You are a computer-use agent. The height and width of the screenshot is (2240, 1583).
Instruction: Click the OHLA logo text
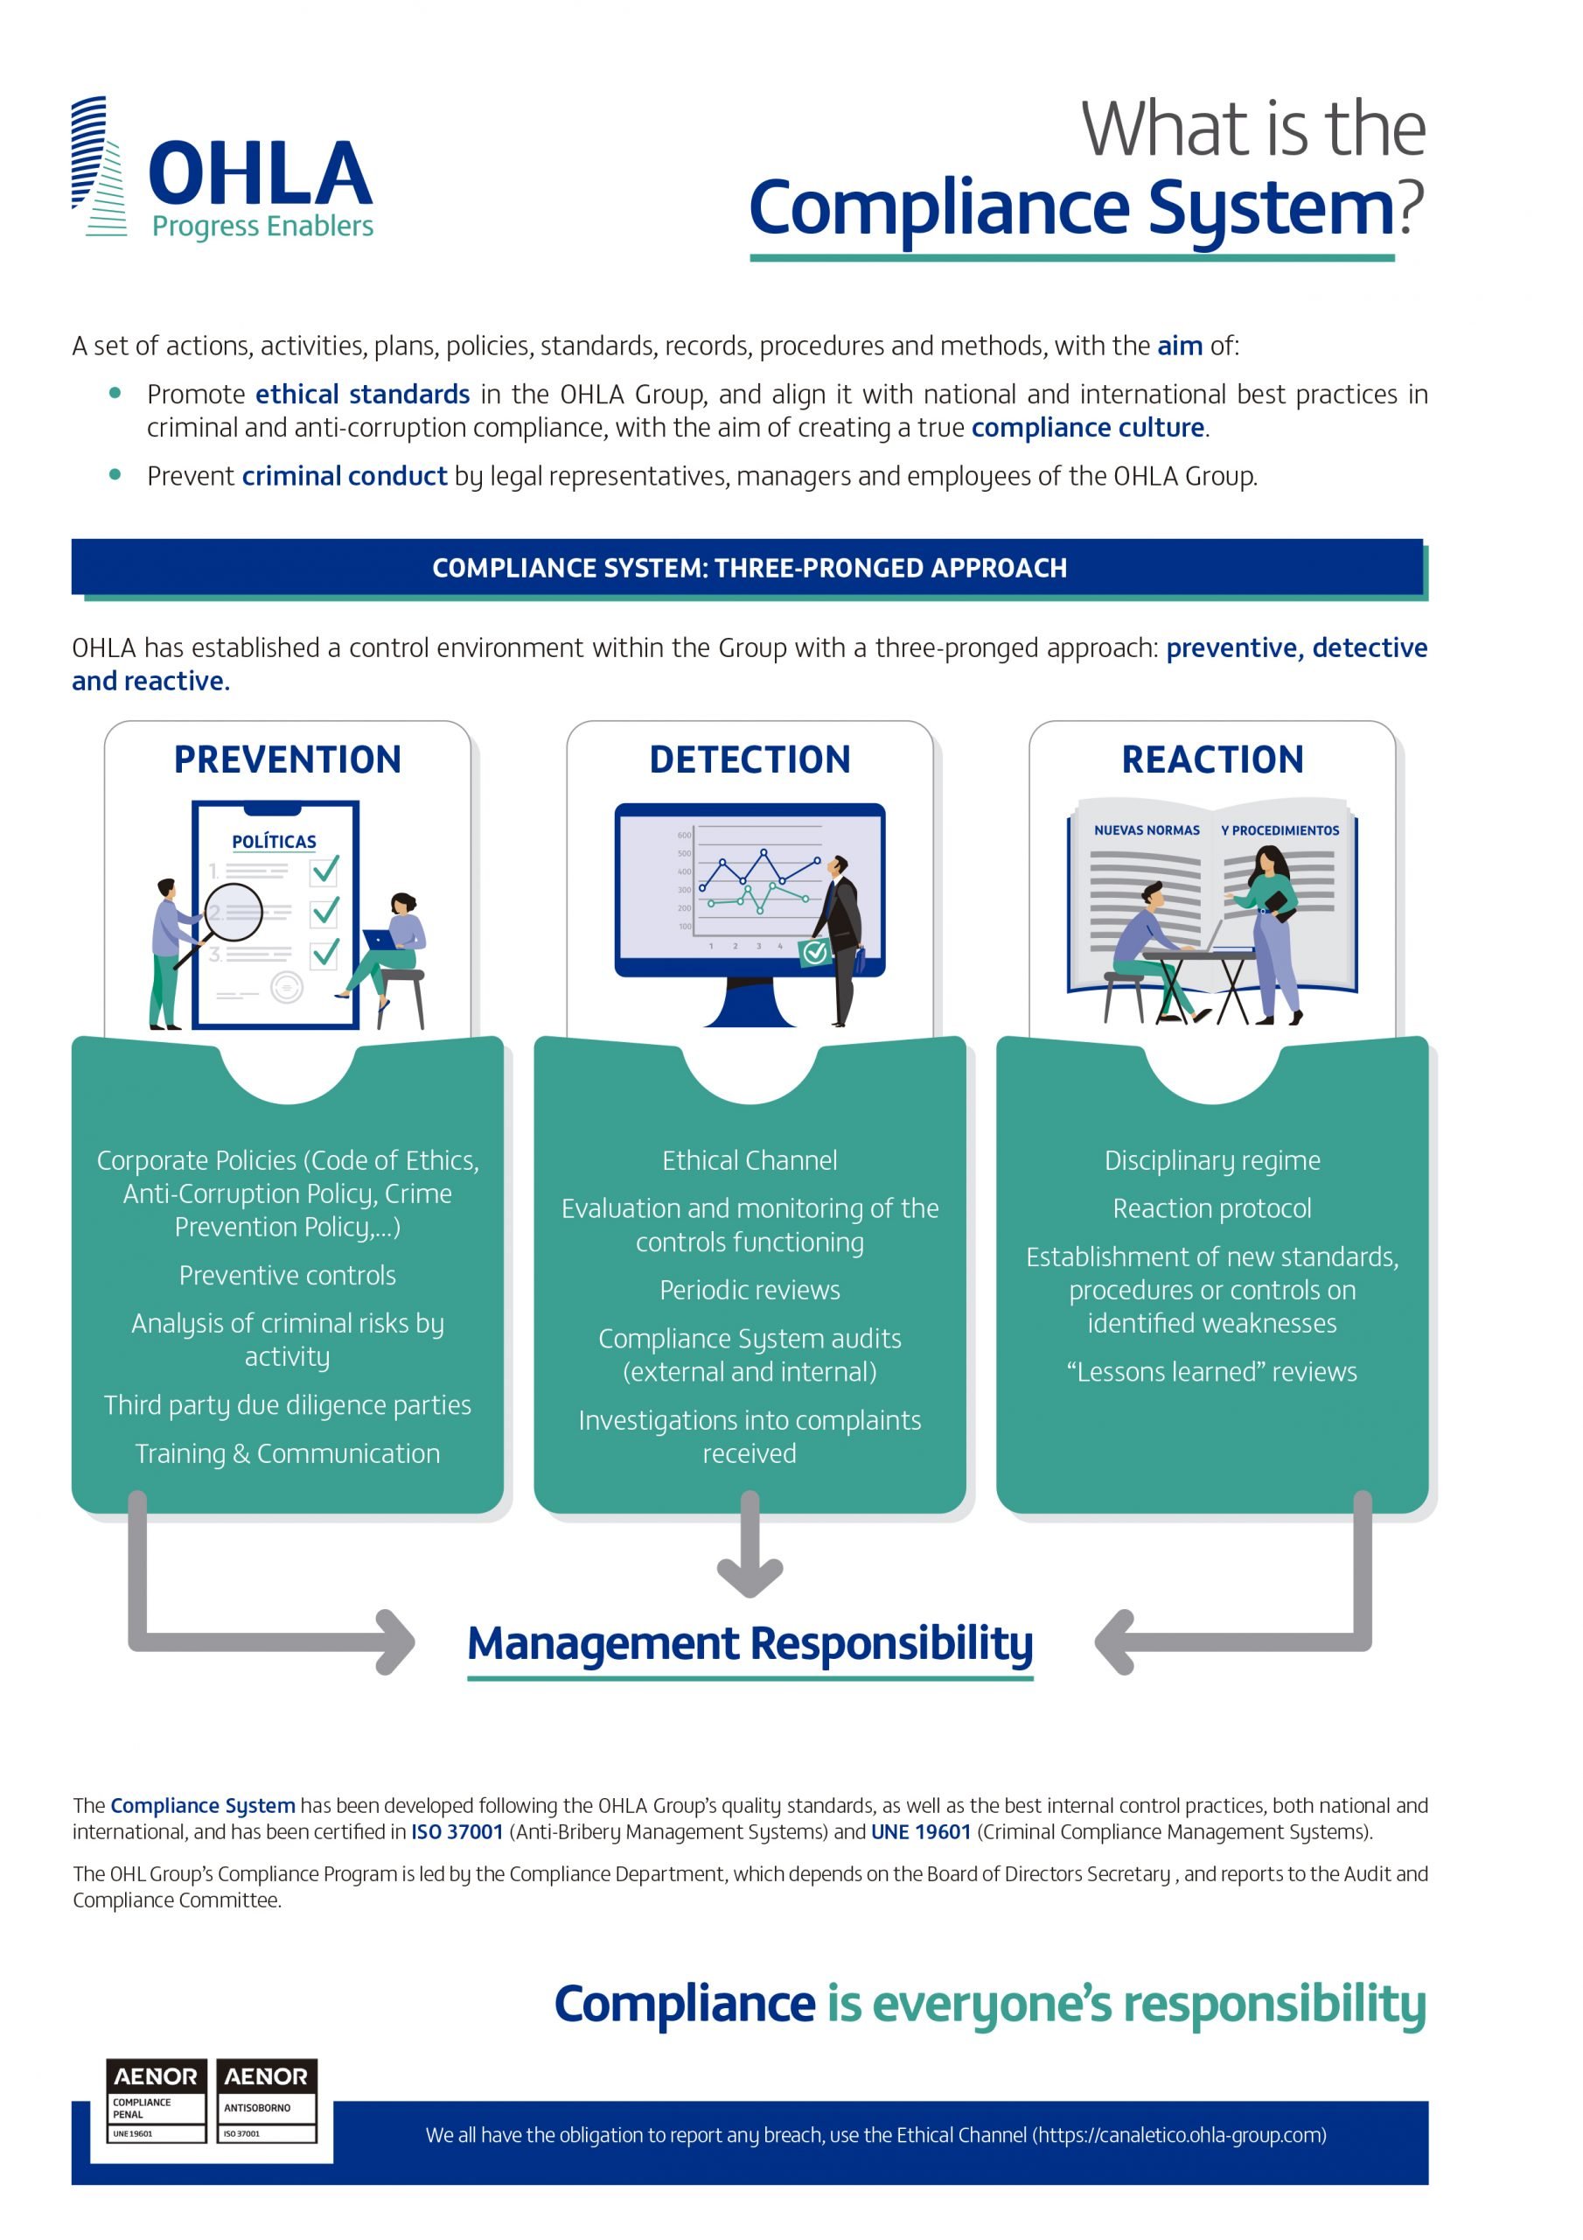pyautogui.click(x=261, y=173)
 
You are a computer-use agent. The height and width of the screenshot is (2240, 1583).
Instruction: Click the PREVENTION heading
pyautogui.click(x=288, y=759)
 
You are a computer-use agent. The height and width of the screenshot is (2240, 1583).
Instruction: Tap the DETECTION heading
pyautogui.click(x=750, y=759)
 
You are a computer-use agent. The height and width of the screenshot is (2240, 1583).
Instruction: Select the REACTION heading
pyautogui.click(x=1212, y=759)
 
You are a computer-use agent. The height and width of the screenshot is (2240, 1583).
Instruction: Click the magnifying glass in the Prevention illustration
pyautogui.click(x=231, y=913)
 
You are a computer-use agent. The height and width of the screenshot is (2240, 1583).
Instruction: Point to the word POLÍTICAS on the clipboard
pyautogui.click(x=274, y=841)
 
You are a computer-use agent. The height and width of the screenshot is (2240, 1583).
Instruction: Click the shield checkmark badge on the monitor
pyautogui.click(x=815, y=951)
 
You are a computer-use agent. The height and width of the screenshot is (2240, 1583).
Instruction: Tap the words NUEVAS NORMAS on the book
pyautogui.click(x=1147, y=830)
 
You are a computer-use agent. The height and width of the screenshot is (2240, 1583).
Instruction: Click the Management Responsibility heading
pyautogui.click(x=750, y=1643)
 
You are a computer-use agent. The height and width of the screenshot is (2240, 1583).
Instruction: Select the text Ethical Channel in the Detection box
pyautogui.click(x=750, y=1160)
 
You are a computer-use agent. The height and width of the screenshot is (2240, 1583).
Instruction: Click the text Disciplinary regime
pyautogui.click(x=1212, y=1160)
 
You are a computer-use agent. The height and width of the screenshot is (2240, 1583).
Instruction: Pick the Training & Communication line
pyautogui.click(x=288, y=1452)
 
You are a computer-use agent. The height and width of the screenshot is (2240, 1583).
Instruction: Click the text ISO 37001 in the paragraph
pyautogui.click(x=457, y=1831)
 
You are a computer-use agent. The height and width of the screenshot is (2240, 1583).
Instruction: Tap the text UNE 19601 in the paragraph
pyautogui.click(x=921, y=1831)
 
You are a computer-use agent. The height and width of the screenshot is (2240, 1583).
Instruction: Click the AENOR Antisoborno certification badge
pyautogui.click(x=266, y=2101)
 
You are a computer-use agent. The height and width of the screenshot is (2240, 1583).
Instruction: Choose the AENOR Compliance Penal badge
pyautogui.click(x=156, y=2101)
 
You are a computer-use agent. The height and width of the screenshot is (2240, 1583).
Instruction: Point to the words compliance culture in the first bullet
pyautogui.click(x=1087, y=427)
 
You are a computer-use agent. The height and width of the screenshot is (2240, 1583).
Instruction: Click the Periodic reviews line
pyautogui.click(x=750, y=1290)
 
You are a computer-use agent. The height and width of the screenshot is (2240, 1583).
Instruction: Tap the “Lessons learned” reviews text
pyautogui.click(x=1212, y=1372)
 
